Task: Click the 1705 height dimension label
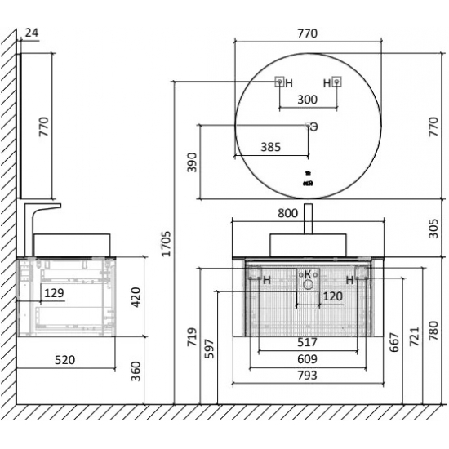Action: click(166, 244)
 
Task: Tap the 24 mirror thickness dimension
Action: click(32, 33)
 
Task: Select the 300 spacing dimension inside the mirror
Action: click(307, 100)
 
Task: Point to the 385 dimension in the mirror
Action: click(270, 147)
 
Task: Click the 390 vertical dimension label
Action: click(192, 162)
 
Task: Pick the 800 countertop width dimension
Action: click(288, 213)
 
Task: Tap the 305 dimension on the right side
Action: click(433, 229)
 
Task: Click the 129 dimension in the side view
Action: click(54, 293)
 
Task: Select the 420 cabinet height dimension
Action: click(136, 297)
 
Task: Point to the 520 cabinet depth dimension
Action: click(65, 360)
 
